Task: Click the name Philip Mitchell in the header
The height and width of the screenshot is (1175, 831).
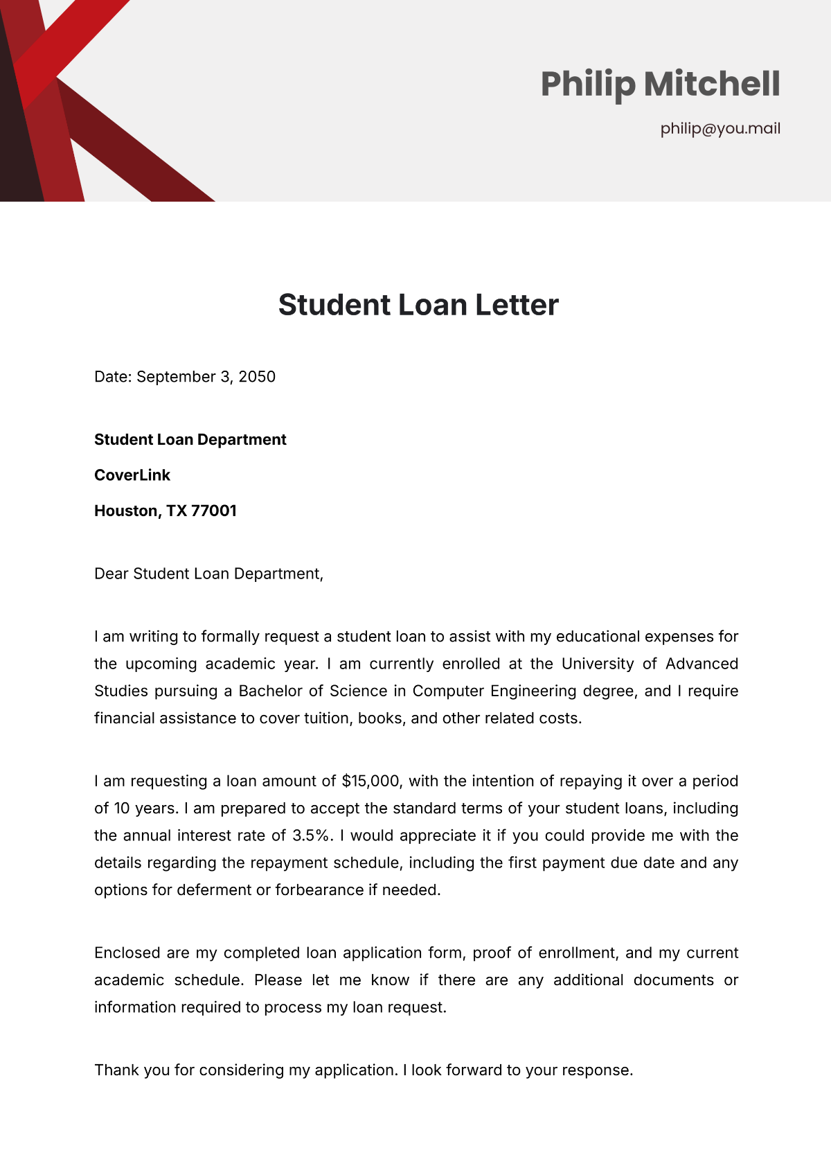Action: coord(660,84)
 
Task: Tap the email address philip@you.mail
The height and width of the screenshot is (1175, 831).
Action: coord(720,128)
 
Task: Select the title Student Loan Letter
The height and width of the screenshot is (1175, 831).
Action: coord(418,305)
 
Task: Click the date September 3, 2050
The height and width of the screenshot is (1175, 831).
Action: coord(206,377)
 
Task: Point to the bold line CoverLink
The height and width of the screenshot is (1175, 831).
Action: coord(132,475)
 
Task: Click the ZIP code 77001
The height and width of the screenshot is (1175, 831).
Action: coord(214,511)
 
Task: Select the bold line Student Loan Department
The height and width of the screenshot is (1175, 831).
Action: coord(190,440)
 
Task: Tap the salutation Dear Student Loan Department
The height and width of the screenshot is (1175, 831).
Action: coord(208,574)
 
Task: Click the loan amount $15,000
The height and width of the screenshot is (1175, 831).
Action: coord(370,781)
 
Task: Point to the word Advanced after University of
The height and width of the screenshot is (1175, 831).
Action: coord(702,664)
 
